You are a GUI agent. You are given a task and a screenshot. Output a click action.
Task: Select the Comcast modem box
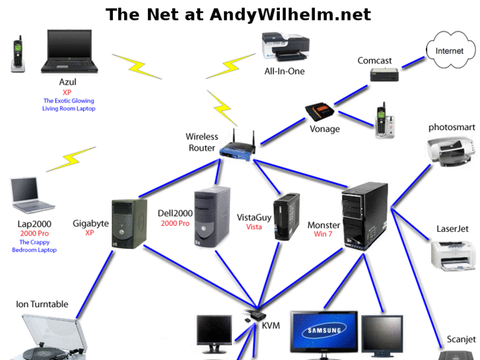(x=384, y=75)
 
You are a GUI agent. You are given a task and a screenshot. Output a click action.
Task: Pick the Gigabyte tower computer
(x=128, y=224)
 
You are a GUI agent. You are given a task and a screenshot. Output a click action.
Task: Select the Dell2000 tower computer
(x=212, y=218)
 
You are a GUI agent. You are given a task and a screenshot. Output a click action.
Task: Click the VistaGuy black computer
(x=287, y=215)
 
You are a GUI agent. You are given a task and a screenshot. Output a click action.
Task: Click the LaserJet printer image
(x=453, y=254)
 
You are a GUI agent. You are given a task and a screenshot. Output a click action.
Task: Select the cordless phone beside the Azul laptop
(x=18, y=54)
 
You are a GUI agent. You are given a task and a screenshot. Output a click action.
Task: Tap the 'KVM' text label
(x=271, y=325)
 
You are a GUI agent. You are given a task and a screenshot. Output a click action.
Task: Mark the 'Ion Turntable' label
(x=42, y=305)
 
